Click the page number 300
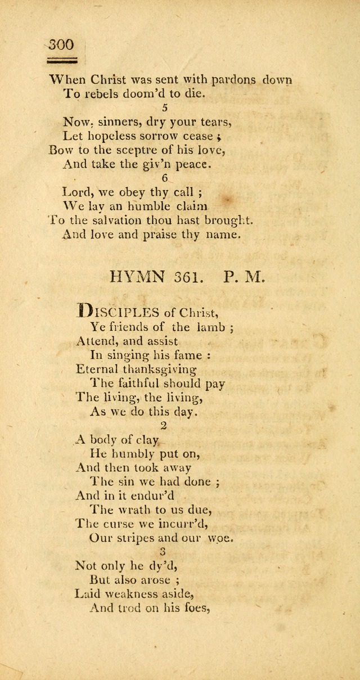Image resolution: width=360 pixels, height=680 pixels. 61,44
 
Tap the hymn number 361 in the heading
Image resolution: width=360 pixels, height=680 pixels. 191,277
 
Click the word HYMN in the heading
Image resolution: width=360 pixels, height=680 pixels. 138,277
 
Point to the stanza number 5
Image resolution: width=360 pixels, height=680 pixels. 164,107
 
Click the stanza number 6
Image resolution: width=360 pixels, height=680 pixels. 164,177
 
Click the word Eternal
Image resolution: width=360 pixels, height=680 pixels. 97,370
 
